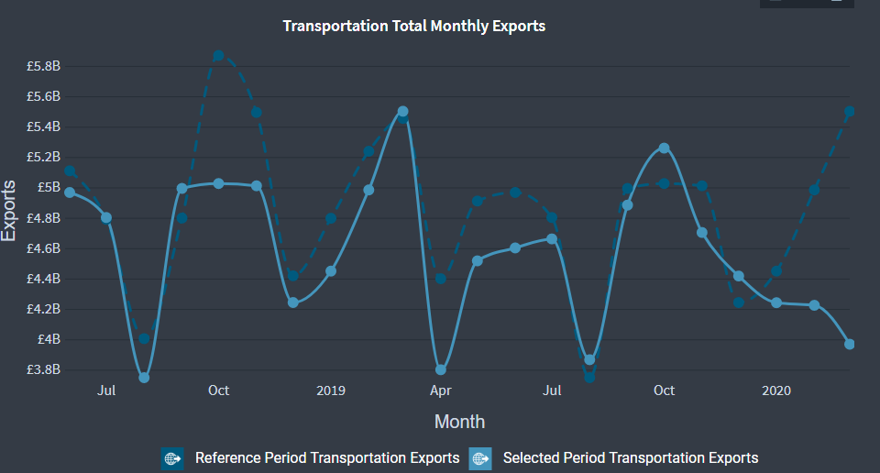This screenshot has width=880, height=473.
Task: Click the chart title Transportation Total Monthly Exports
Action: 413,26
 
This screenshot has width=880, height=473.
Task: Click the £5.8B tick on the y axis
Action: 43,66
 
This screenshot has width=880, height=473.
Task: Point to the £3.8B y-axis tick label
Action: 43,369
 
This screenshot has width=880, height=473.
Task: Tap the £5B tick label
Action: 48,187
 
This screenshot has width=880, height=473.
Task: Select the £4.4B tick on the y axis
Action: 43,279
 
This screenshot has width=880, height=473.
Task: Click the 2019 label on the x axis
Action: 330,390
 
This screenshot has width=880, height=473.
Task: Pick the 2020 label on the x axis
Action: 776,390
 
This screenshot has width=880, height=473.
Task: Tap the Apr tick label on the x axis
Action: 441,390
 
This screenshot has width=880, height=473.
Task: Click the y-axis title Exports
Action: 9,211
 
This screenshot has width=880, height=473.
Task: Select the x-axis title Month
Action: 459,422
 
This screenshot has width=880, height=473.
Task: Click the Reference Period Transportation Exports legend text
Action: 327,457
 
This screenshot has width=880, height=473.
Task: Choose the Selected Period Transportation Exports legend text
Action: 631,457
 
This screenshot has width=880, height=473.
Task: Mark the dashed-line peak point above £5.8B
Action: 218,56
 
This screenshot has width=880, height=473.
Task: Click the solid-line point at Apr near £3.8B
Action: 441,370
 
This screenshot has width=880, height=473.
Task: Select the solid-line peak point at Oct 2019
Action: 665,148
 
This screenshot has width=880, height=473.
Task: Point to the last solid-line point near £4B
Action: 850,345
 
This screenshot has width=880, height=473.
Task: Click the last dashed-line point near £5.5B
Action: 850,111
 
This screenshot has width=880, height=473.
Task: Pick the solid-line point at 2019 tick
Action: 331,271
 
